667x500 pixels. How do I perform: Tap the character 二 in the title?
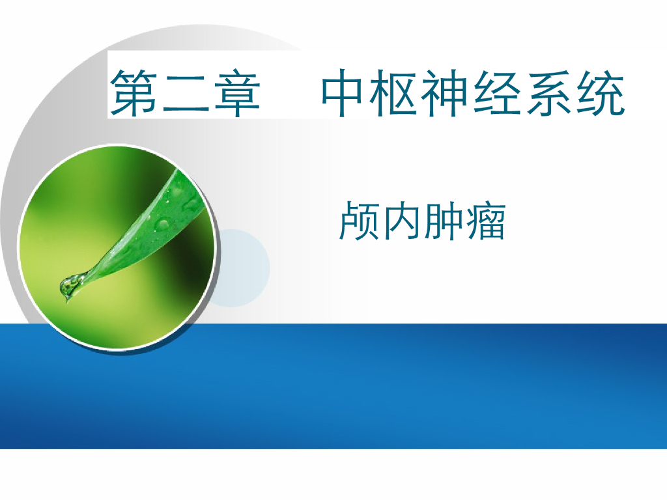(186, 94)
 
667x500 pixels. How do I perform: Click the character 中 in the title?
(347, 94)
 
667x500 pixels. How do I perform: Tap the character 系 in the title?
(549, 94)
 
